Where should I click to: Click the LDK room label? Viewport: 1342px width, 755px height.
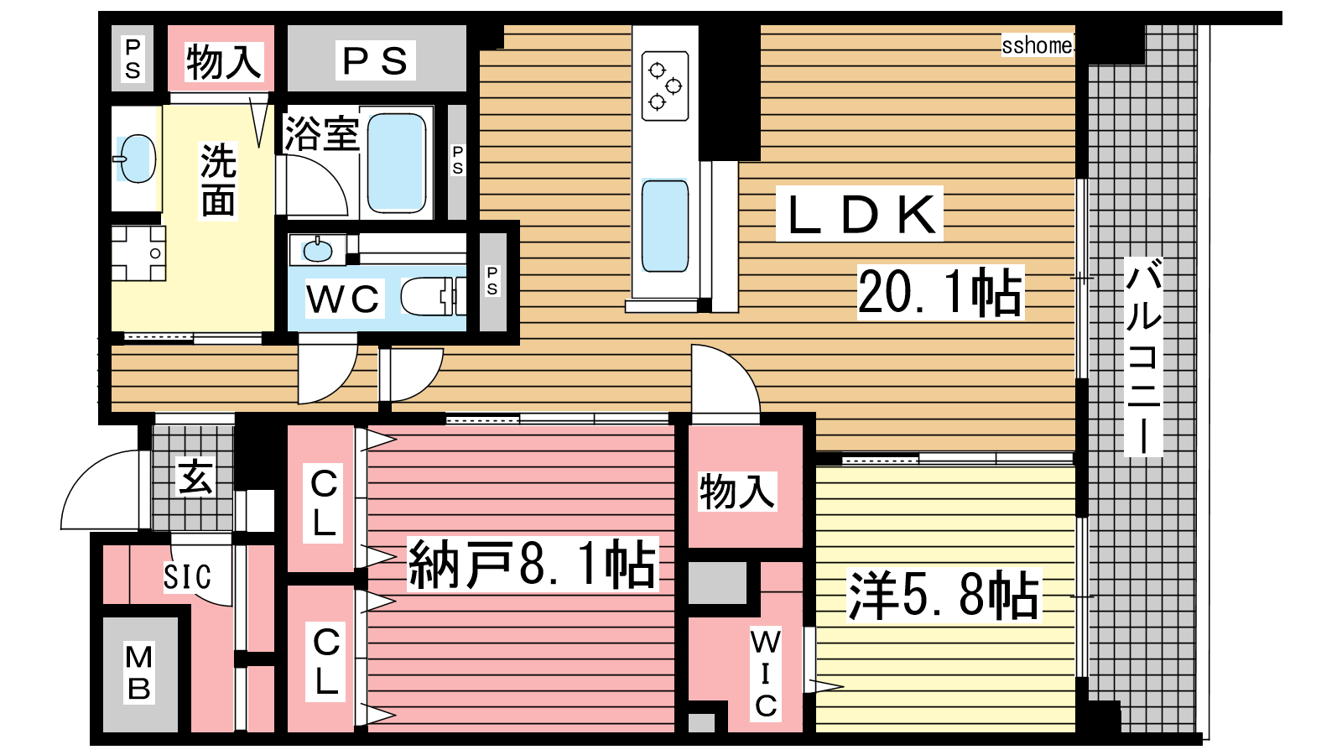click(x=860, y=214)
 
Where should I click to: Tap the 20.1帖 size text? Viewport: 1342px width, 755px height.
click(x=940, y=293)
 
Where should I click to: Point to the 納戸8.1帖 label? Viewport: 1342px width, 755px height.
click(x=533, y=565)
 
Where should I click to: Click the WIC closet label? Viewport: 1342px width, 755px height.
click(x=766, y=674)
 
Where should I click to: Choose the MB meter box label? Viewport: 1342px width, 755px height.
click(x=139, y=672)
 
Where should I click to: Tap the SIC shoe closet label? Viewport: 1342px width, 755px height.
click(x=188, y=577)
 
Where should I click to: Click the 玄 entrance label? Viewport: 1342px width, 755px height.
click(x=195, y=477)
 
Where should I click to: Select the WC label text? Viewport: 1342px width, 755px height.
click(x=343, y=299)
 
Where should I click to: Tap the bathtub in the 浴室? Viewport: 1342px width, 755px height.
click(x=396, y=163)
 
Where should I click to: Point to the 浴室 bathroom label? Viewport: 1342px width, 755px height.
click(x=322, y=133)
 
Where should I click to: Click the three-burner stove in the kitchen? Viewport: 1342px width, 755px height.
click(x=665, y=86)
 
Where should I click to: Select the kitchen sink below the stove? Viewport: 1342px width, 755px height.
click(x=665, y=226)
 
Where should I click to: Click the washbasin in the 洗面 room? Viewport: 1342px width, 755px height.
click(x=138, y=159)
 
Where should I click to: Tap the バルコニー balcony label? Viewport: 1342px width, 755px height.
click(x=1143, y=357)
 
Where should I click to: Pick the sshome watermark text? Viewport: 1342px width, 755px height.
click(x=1037, y=45)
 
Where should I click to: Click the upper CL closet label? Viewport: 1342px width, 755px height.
click(x=324, y=502)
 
